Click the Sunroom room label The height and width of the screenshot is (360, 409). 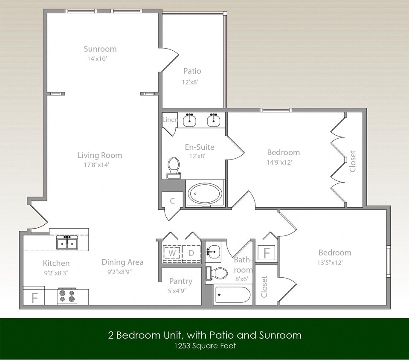coord(100,49)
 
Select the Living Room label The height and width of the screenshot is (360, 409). coord(100,155)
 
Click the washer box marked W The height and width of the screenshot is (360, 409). coord(172,253)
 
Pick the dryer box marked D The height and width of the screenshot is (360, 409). coord(191,253)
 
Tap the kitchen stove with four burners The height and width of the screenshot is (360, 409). coord(67,296)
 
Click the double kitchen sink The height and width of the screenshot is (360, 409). coord(67,244)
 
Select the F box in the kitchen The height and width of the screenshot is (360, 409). coord(35,297)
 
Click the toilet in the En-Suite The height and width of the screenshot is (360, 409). coord(174,167)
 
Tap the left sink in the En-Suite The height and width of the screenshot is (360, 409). coord(189,120)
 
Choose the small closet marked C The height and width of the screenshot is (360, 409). coord(172,201)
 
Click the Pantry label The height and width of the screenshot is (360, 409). coord(180,281)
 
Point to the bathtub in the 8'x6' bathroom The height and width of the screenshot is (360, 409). coord(232,295)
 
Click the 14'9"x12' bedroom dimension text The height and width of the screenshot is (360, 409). coord(283,163)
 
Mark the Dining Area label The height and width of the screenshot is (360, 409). coord(122,262)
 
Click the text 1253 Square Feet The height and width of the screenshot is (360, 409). coord(204,346)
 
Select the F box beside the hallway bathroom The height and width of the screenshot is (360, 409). coord(267,253)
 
